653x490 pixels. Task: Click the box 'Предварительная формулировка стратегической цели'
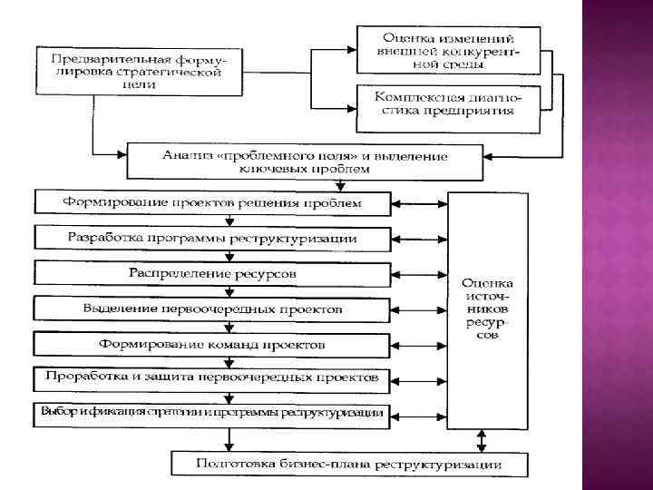140,71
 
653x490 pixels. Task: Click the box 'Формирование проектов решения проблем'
212,202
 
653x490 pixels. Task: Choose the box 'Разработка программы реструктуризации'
212,238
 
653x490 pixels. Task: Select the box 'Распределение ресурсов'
212,272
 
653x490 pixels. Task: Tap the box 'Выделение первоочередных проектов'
212,309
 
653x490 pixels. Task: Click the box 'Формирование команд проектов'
212,345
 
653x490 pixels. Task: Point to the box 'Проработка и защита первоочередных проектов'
212,377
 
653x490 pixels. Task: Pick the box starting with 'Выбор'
212,414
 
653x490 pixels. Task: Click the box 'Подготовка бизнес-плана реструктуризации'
350,465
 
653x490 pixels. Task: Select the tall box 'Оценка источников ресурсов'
488,309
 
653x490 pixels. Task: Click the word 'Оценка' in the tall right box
488,282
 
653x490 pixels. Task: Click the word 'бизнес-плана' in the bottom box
335,465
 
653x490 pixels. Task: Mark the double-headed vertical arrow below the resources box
481,440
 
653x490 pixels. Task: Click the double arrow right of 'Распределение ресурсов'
420,272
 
